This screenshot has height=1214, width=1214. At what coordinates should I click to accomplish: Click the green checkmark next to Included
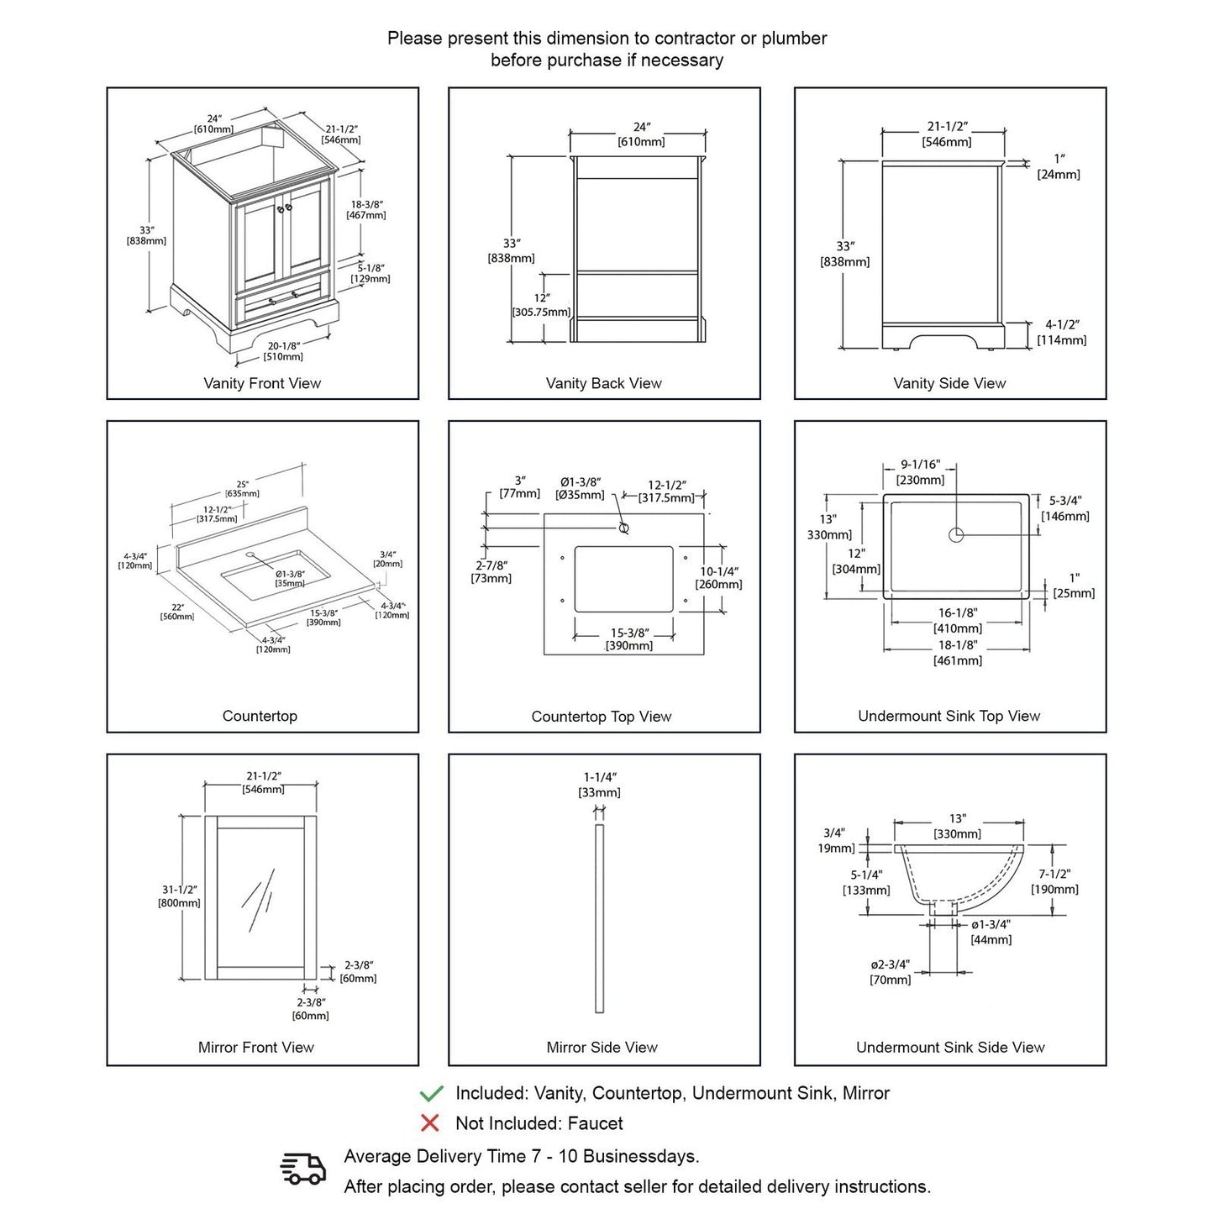pyautogui.click(x=431, y=1093)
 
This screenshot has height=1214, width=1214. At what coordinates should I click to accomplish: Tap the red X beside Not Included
pyautogui.click(x=430, y=1123)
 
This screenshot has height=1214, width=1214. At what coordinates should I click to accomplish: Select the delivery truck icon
pyautogui.click(x=302, y=1169)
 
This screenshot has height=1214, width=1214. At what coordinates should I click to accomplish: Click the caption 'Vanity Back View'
pyautogui.click(x=603, y=383)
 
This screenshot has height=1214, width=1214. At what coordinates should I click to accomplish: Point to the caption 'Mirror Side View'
pyautogui.click(x=602, y=1047)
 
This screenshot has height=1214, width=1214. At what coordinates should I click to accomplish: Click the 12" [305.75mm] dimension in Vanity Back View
pyautogui.click(x=541, y=305)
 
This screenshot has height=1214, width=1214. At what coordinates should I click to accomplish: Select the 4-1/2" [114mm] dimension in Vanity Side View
pyautogui.click(x=1062, y=332)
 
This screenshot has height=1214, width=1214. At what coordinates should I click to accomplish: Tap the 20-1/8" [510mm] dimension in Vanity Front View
pyautogui.click(x=284, y=351)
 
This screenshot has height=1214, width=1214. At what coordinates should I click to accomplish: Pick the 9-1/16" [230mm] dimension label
pyautogui.click(x=921, y=472)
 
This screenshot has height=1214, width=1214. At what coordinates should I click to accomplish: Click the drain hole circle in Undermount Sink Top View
pyautogui.click(x=956, y=534)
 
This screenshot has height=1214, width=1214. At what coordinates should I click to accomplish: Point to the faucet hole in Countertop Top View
pyautogui.click(x=623, y=528)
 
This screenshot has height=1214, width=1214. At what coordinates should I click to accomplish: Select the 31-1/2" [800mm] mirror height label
pyautogui.click(x=179, y=896)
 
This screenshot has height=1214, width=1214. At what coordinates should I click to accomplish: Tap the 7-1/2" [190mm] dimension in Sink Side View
pyautogui.click(x=1054, y=881)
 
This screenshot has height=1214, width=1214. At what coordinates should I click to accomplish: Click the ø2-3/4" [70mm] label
pyautogui.click(x=891, y=972)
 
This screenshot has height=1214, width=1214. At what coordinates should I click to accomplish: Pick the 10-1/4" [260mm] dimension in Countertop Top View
pyautogui.click(x=718, y=578)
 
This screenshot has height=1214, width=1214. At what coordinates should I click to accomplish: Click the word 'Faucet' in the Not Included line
pyautogui.click(x=595, y=1123)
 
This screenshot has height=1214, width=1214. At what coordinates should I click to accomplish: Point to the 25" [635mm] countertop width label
pyautogui.click(x=242, y=489)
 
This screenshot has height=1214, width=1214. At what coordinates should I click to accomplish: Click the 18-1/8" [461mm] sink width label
pyautogui.click(x=958, y=653)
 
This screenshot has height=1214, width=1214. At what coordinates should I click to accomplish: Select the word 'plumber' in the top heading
pyautogui.click(x=794, y=38)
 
